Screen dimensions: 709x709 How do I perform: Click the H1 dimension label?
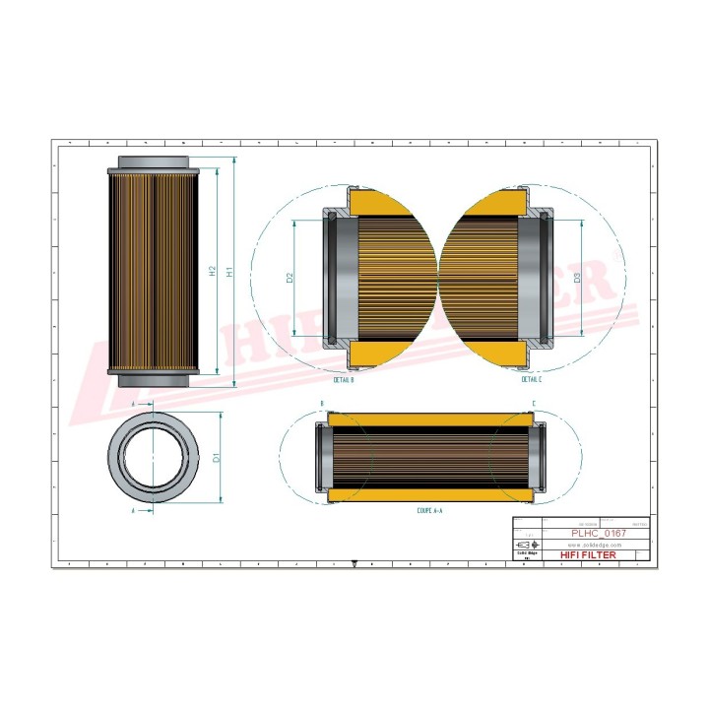click(x=229, y=271)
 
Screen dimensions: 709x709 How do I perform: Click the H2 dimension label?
click(x=213, y=271)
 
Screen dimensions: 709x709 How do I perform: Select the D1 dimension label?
click(x=217, y=457)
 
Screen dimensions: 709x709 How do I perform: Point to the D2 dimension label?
click(x=290, y=279)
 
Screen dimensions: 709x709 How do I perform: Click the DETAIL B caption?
click(x=344, y=378)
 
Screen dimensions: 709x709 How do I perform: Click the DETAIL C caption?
click(x=532, y=378)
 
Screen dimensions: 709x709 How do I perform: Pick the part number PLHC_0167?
click(x=600, y=533)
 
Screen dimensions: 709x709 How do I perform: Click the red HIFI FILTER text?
click(x=592, y=555)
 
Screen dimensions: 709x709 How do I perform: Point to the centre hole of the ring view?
click(x=154, y=457)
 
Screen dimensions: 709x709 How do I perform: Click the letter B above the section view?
click(x=322, y=404)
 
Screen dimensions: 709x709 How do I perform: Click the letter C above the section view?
click(x=534, y=404)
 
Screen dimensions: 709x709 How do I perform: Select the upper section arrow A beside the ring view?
click(x=134, y=404)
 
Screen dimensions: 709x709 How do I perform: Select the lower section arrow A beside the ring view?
click(x=134, y=511)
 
